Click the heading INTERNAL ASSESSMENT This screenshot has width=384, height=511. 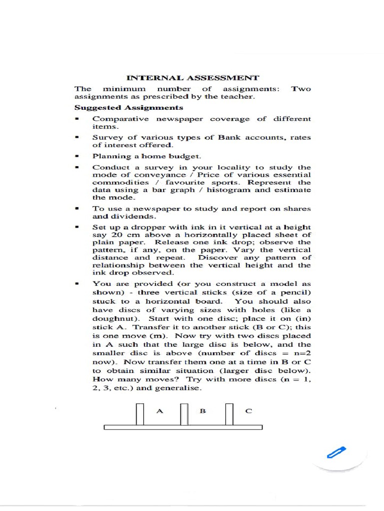click(192, 78)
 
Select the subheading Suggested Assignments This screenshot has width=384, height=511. click(128, 107)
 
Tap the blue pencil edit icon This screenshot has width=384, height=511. click(339, 453)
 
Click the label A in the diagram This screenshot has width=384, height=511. click(160, 411)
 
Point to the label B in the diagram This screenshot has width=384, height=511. click(203, 411)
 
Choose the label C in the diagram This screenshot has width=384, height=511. click(248, 411)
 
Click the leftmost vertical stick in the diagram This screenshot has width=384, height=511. click(140, 414)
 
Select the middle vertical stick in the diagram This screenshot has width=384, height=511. click(184, 414)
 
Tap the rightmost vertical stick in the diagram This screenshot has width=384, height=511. click(229, 414)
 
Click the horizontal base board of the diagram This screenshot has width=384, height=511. click(183, 427)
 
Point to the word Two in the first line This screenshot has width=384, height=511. click(301, 89)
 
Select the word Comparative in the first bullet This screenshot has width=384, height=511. click(120, 119)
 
